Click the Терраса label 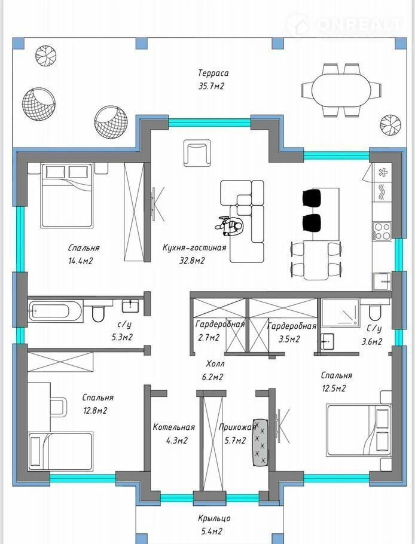click(x=213, y=73)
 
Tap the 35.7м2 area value click(x=211, y=86)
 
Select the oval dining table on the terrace click(x=342, y=90)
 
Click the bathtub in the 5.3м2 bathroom click(x=56, y=310)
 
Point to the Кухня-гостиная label click(x=194, y=247)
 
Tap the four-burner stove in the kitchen click(x=382, y=231)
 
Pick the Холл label click(x=215, y=364)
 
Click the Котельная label click(x=174, y=427)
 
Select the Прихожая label click(x=237, y=427)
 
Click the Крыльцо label click(x=215, y=519)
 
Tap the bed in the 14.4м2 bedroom click(x=66, y=195)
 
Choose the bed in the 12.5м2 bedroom click(x=359, y=430)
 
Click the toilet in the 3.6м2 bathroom click(x=374, y=313)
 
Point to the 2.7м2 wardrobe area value click(x=209, y=338)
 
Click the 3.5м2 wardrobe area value click(x=289, y=338)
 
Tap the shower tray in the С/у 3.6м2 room click(x=340, y=313)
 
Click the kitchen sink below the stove click(x=382, y=282)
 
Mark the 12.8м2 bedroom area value click(x=95, y=411)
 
